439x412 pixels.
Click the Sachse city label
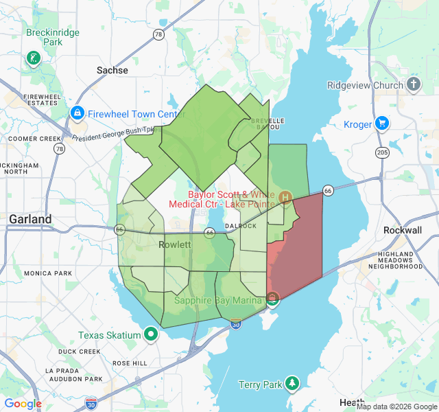(112, 70)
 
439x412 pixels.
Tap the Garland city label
(29, 219)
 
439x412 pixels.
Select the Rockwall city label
(403, 230)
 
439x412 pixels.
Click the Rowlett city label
(175, 244)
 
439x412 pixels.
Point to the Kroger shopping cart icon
(381, 124)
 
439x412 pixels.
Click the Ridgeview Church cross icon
(413, 84)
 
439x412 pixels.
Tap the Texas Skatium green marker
(150, 335)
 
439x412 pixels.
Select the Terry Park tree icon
(292, 383)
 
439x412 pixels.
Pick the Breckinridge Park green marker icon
(32, 58)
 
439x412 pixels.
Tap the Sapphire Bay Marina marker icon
(272, 299)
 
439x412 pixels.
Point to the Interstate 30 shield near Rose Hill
(91, 402)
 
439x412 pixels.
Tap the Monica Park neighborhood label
(47, 273)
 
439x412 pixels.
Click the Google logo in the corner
(23, 404)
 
